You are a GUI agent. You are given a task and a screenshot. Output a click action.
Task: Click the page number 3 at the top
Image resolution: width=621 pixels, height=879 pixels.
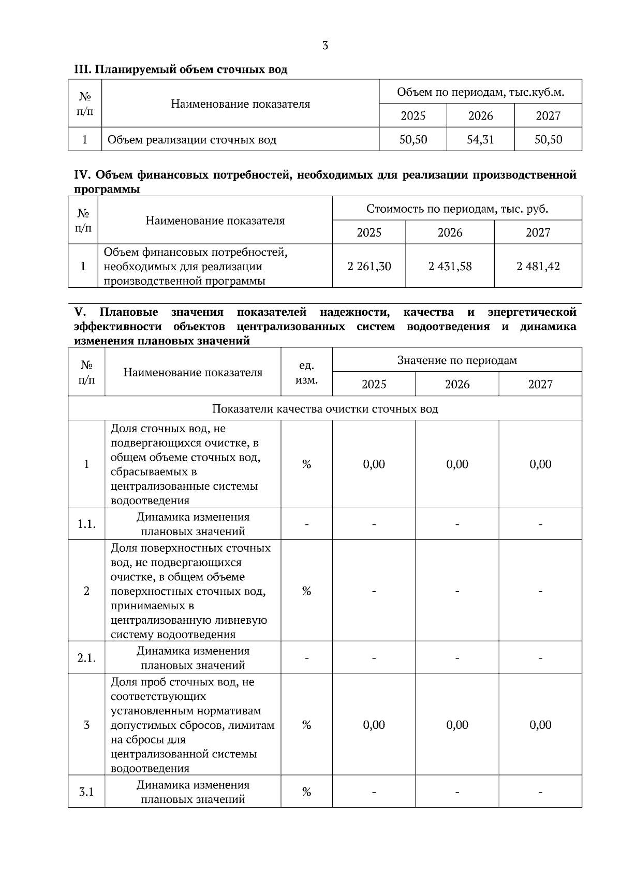point(325,46)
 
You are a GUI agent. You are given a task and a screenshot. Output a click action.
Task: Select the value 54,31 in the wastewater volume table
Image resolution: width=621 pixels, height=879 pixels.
point(480,139)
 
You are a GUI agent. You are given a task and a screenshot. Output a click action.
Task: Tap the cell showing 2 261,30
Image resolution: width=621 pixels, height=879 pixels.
point(369,266)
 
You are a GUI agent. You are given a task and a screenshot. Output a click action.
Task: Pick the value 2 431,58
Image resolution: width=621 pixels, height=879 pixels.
point(450,266)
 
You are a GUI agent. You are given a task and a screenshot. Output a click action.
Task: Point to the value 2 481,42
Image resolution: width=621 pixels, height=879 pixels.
point(538,266)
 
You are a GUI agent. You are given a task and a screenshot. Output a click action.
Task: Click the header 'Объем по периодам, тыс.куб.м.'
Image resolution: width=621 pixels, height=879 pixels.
point(480,92)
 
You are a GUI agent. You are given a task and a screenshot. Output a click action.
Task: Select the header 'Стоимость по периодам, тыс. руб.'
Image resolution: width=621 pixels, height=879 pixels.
point(457,209)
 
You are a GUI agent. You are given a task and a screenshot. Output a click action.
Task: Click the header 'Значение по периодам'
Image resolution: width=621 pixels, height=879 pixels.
point(457,360)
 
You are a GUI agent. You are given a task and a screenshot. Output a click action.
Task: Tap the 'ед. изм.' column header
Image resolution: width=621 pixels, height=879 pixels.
point(306,372)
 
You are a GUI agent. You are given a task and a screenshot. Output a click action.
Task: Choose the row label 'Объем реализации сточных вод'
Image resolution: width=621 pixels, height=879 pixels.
point(191,140)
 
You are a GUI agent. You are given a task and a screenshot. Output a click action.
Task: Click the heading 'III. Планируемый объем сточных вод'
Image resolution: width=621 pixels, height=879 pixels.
point(181,69)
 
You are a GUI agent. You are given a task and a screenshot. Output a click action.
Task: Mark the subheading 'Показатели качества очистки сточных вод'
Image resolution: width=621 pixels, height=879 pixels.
point(325,408)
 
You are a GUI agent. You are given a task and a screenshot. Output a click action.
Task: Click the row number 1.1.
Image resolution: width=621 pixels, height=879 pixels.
point(86,524)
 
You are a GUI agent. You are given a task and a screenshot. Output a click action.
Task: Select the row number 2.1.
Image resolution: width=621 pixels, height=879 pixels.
point(86,658)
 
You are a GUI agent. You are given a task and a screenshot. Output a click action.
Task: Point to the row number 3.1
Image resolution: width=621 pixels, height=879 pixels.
point(86,792)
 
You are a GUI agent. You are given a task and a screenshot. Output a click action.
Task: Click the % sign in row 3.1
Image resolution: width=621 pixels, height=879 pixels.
point(306,792)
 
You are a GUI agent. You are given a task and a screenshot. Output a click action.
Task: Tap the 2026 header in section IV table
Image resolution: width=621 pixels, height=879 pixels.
point(450,232)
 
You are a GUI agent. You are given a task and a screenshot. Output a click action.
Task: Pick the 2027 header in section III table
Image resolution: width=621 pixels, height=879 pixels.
point(548,115)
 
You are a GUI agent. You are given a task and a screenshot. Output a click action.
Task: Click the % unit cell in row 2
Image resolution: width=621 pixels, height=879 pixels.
point(306,591)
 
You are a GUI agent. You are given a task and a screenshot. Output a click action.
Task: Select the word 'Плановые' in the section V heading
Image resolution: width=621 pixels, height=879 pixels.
point(129,312)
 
